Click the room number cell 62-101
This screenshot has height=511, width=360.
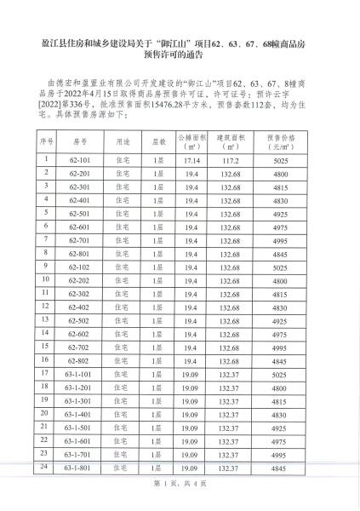tap(80, 159)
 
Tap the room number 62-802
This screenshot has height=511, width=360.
tap(80, 361)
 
